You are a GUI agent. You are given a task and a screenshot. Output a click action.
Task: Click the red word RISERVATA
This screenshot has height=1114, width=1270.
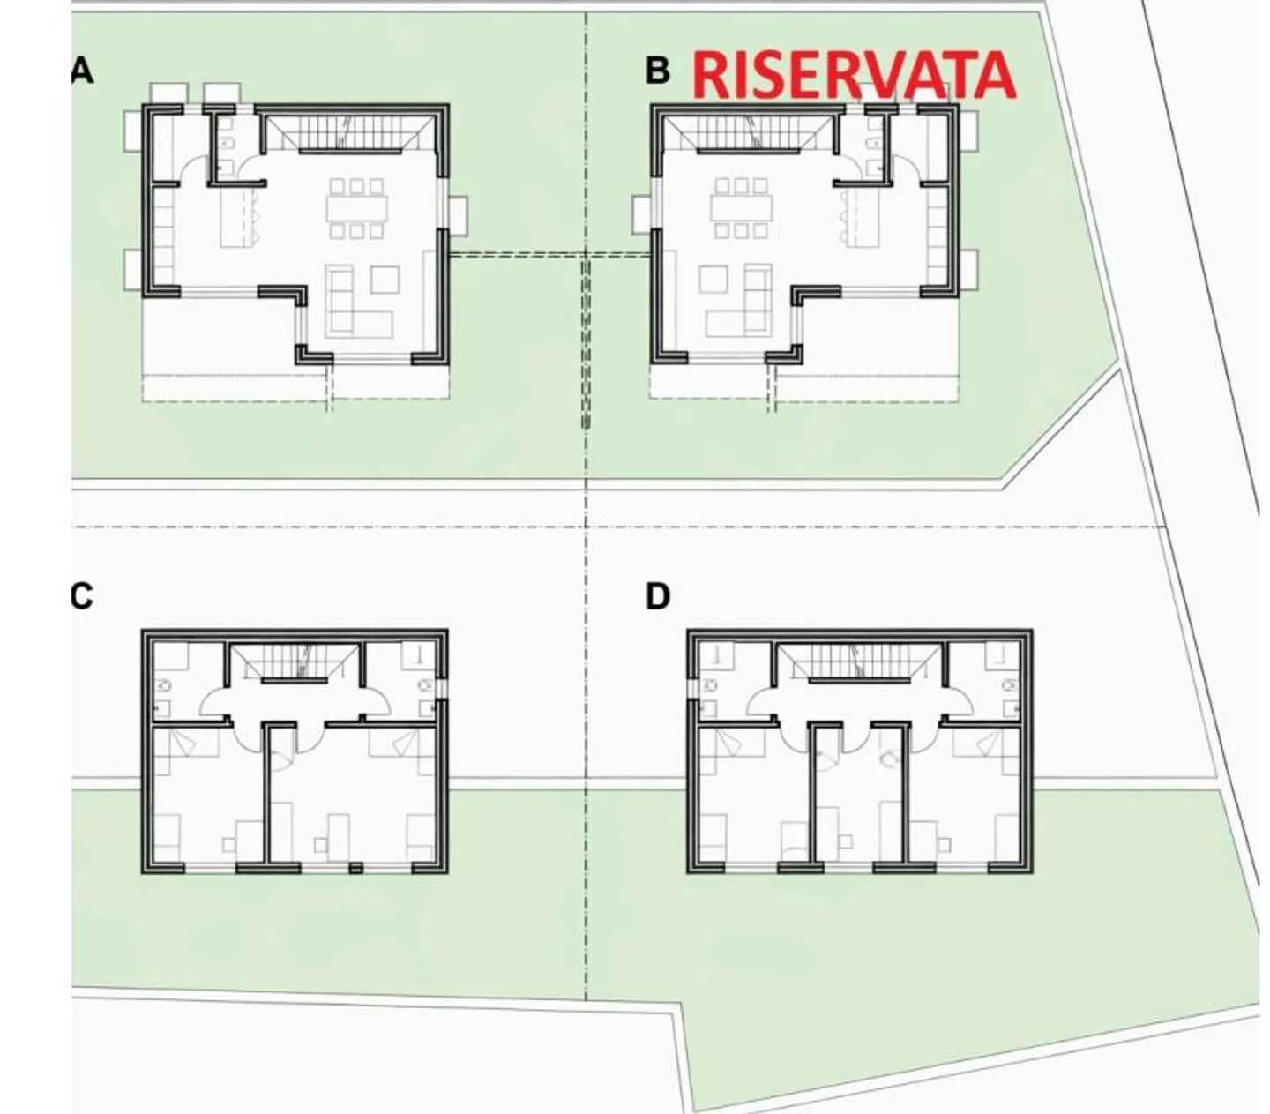coord(854,76)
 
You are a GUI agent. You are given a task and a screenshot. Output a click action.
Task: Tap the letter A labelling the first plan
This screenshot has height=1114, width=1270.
coord(82,71)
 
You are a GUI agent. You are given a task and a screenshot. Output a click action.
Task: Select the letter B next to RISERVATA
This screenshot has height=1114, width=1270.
coord(658,71)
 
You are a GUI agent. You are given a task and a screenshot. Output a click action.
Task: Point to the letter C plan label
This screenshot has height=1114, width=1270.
coord(81,597)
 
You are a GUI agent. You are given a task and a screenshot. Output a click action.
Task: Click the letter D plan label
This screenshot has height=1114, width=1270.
coord(658,597)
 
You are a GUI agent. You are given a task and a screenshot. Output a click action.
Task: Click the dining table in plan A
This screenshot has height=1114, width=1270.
coord(356,208)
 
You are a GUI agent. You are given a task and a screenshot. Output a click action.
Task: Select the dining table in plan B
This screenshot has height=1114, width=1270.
coord(742,208)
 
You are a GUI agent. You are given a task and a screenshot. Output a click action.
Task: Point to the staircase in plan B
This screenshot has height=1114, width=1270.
coord(750,132)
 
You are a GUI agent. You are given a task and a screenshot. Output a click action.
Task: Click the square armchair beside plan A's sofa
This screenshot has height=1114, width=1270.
coord(385,280)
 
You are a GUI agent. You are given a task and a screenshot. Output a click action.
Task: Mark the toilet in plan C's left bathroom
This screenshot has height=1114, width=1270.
coord(163,685)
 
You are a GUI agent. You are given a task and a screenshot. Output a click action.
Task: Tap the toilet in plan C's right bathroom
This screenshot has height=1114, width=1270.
coord(427,685)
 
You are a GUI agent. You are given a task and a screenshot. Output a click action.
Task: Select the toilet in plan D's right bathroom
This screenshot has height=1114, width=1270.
coord(1010,685)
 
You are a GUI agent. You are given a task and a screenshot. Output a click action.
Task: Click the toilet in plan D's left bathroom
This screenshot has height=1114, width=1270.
coord(710,685)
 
